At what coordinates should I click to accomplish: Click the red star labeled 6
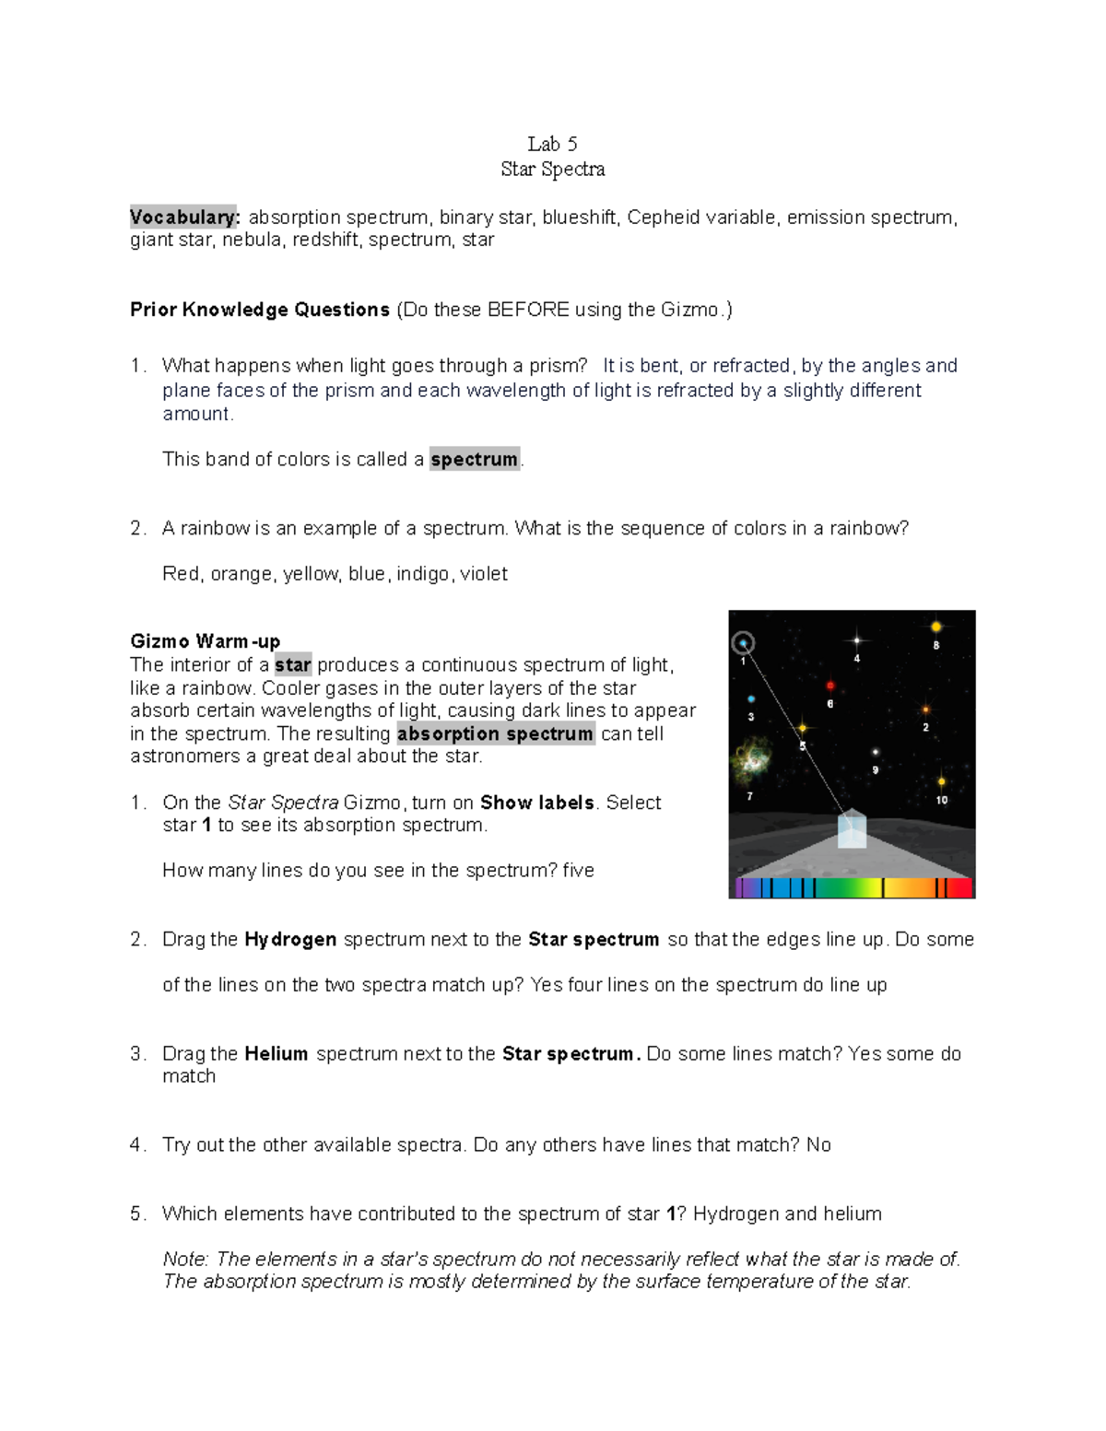pos(830,686)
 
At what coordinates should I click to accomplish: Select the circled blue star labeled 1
pos(743,643)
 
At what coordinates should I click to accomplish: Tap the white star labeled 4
pos(857,639)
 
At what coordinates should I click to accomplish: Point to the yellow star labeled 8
pos(935,628)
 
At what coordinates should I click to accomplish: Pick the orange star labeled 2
pos(926,710)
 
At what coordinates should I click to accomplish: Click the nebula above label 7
pos(751,760)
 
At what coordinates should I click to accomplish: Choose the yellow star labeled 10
pos(941,782)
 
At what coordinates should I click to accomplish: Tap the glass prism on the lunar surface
pos(852,829)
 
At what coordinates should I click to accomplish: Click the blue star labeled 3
pos(751,699)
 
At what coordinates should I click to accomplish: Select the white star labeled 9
pos(876,753)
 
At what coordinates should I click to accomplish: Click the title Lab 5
pos(552,144)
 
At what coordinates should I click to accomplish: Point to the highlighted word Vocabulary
pos(184,217)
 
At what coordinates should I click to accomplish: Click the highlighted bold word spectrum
pos(475,459)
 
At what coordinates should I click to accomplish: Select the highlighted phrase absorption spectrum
pos(496,733)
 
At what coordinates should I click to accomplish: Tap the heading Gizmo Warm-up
pos(205,641)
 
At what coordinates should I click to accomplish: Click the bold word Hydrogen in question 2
pos(290,939)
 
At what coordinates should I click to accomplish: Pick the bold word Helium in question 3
pos(276,1053)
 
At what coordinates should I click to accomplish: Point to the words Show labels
pos(536,803)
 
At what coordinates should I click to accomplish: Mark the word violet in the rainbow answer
pos(484,574)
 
